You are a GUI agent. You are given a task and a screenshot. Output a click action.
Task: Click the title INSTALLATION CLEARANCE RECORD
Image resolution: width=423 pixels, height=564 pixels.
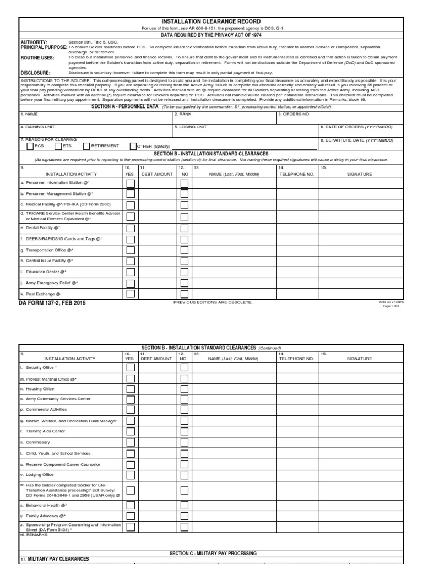click(212, 21)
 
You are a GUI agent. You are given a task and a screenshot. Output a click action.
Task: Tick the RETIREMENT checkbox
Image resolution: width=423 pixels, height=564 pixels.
click(86, 146)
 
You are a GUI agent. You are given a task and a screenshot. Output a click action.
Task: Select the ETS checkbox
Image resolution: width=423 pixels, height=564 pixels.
click(58, 146)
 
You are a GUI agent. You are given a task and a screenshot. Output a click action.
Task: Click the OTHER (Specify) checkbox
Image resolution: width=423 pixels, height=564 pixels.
click(133, 146)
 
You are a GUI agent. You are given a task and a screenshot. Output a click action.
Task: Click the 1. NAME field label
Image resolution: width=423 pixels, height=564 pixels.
click(30, 114)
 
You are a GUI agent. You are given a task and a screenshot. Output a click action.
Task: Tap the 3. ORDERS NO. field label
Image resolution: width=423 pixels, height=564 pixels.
click(294, 114)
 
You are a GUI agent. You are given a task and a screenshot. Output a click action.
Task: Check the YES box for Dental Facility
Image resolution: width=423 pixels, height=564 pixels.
click(131, 227)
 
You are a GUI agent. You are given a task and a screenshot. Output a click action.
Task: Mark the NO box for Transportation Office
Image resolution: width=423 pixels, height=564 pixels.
click(185, 250)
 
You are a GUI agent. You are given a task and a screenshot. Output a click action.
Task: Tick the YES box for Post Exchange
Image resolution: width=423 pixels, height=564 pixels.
click(131, 294)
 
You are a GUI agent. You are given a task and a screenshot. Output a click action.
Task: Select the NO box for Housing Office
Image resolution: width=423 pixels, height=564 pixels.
click(185, 389)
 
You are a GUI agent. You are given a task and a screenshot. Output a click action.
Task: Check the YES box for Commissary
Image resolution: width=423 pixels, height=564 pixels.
click(131, 442)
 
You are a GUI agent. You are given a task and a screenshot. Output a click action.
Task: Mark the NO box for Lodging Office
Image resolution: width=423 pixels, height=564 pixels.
click(185, 474)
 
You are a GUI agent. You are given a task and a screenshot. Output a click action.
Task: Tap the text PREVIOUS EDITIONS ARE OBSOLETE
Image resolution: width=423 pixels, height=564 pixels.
click(213, 302)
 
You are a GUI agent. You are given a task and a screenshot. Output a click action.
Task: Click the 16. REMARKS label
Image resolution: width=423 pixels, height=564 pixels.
click(34, 535)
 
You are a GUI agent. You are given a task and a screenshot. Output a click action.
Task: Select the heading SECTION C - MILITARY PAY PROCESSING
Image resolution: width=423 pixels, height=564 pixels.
click(213, 553)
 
